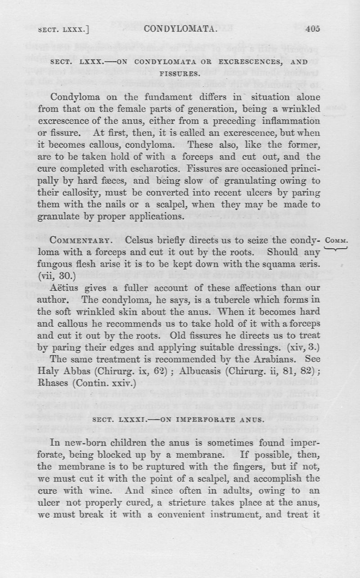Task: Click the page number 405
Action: point(311,30)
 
